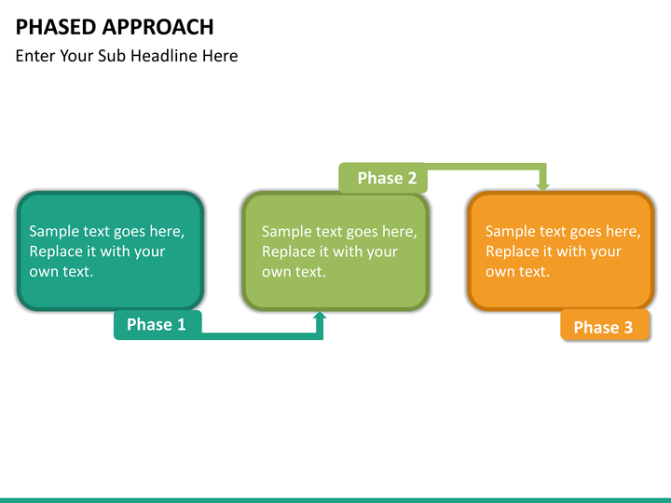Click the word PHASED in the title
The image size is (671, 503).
(x=50, y=27)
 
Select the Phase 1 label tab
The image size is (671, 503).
(x=157, y=324)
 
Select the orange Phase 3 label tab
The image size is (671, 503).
(x=603, y=327)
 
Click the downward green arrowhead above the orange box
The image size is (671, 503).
(x=543, y=184)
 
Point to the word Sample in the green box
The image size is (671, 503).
(x=286, y=231)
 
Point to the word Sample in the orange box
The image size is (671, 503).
(x=510, y=231)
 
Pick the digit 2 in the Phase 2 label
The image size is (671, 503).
(x=412, y=178)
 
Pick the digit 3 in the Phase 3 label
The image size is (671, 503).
(x=628, y=327)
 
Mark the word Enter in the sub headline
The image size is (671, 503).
(x=35, y=56)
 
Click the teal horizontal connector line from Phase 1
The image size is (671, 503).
(x=261, y=335)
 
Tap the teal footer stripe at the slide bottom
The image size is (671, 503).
(x=335, y=499)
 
